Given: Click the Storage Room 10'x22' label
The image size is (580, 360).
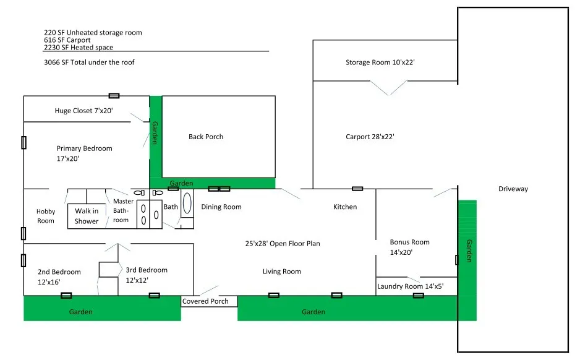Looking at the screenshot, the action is (380, 62).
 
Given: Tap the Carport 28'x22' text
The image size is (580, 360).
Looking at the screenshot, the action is (370, 137).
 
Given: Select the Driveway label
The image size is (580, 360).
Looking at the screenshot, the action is (513, 189).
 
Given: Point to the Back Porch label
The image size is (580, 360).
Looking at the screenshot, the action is (206, 137).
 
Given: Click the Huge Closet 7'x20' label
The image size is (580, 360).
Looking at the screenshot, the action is (83, 111).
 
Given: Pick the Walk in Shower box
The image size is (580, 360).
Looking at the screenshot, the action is (87, 216).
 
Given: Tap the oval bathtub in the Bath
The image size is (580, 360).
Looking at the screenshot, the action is (187, 203).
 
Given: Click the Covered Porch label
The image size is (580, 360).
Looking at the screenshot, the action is (205, 301).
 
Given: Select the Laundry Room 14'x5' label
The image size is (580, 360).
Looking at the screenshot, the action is (410, 286).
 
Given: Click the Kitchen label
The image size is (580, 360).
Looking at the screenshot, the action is (345, 207).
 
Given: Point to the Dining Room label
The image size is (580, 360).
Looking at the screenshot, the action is (221, 207).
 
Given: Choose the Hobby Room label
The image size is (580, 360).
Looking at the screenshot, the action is (46, 216).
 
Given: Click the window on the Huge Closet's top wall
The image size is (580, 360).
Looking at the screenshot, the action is (114, 96).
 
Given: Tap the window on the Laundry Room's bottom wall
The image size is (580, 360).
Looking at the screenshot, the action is (419, 295).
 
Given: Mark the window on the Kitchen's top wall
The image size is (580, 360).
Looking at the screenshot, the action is (357, 189).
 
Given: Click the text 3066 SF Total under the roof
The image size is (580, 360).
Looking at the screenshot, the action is (89, 62).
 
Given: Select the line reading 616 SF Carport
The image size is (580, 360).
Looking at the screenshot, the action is (67, 40).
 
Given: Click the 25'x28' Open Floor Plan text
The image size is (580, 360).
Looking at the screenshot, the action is (283, 244).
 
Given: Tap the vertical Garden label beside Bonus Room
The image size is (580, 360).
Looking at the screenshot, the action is (469, 251).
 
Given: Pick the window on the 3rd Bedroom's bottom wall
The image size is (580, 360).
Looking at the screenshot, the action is (154, 295).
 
